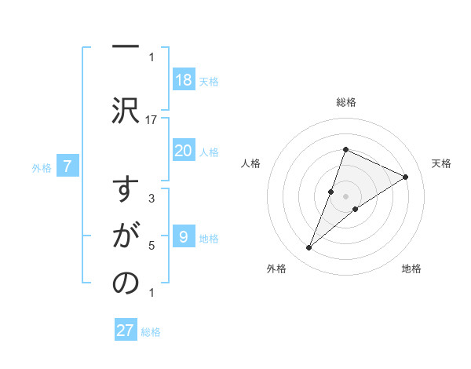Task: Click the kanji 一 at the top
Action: point(125,46)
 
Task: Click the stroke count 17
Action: point(152,119)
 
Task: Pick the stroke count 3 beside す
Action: point(152,199)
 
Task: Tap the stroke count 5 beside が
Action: point(152,246)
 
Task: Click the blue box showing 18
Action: point(183,80)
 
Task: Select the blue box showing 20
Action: point(183,151)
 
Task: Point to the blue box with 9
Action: point(183,237)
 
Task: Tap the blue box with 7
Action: point(68,166)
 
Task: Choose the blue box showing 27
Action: point(125,331)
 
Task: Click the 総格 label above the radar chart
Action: point(345,102)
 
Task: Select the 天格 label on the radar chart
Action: point(441,163)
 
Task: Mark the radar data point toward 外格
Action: point(309,248)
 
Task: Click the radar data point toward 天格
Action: point(405,177)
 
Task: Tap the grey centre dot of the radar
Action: point(345,196)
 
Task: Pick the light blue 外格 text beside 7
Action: point(42,167)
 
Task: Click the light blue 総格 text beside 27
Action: point(151,332)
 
